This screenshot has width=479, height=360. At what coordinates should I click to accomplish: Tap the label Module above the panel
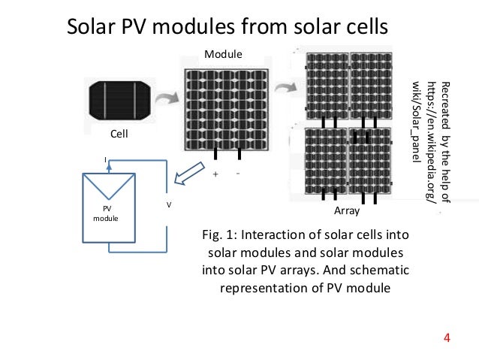(x=223, y=54)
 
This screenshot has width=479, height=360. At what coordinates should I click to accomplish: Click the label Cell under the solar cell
(x=119, y=135)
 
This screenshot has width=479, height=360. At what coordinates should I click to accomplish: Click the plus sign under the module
(x=215, y=174)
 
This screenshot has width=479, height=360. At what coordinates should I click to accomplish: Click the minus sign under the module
(x=237, y=173)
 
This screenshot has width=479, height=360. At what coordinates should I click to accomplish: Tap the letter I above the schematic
(x=105, y=159)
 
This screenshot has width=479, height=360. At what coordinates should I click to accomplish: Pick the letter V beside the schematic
(x=168, y=204)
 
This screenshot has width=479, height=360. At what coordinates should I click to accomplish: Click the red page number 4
(x=447, y=336)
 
